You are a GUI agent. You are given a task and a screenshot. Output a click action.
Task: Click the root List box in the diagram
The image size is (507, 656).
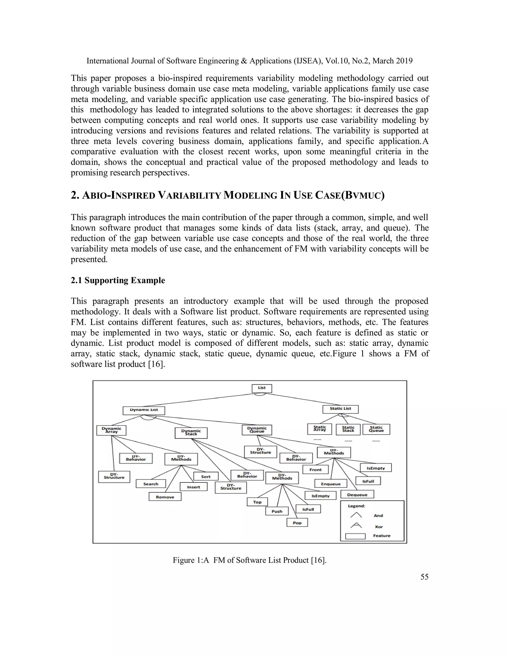point(262,388)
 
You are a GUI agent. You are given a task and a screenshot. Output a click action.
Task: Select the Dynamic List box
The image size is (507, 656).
point(144,410)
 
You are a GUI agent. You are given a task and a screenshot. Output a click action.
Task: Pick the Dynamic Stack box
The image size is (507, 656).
point(191,433)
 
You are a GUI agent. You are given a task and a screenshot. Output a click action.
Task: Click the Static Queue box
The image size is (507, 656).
point(376,429)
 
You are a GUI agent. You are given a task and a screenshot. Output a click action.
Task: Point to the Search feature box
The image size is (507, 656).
point(151,484)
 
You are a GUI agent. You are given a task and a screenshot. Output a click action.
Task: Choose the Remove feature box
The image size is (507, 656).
point(165,497)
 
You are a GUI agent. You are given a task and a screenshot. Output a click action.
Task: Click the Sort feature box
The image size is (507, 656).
point(206,476)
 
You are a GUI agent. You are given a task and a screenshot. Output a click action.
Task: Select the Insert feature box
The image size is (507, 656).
point(193,487)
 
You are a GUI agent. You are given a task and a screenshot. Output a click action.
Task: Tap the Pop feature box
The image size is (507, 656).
point(297,523)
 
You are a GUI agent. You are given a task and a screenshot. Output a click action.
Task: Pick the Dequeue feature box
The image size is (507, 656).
point(357,495)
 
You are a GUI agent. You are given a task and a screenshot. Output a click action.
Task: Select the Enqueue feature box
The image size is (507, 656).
point(331,484)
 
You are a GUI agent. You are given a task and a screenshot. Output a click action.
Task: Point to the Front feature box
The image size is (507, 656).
point(315,469)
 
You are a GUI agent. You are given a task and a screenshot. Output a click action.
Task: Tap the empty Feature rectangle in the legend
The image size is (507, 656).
point(355,536)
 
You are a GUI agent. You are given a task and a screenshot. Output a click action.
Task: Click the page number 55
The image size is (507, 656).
point(424,577)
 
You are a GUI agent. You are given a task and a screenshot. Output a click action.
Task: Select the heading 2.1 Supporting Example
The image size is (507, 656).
point(118,280)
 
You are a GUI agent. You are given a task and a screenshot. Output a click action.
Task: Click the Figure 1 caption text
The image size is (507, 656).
point(249,560)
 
